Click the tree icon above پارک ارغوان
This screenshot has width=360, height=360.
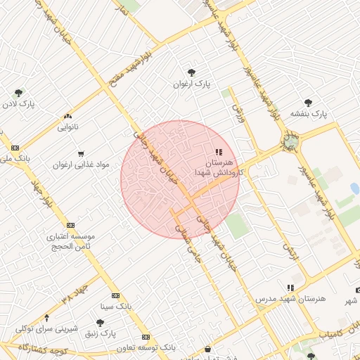click(191, 72)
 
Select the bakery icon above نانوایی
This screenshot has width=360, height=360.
click(68, 116)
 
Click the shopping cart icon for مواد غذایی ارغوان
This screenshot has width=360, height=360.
click(81, 153)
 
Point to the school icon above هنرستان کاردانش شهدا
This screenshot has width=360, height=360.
click(219, 151)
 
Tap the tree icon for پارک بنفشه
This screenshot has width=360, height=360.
click(308, 102)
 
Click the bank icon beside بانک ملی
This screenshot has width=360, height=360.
click(15, 148)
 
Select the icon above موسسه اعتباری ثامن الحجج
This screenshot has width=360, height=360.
click(70, 225)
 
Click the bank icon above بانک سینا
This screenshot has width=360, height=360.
click(115, 295)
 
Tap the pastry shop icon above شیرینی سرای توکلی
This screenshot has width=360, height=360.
click(46, 318)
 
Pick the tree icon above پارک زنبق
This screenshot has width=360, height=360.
click(101, 323)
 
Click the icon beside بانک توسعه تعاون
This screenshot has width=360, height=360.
click(146, 337)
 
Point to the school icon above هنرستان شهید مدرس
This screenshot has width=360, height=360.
click(290, 288)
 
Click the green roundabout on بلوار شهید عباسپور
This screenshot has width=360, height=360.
click(290, 143)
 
